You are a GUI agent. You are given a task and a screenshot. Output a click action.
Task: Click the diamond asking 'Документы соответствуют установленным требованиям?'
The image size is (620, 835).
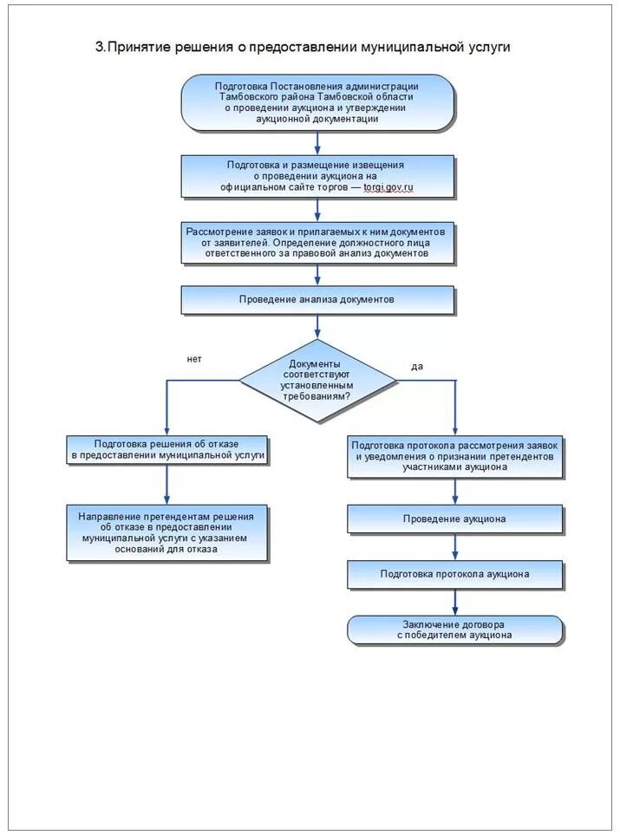point(318,381)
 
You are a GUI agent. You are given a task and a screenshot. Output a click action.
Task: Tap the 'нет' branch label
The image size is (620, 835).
point(194,359)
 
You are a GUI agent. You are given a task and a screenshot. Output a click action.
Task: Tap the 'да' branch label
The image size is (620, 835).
point(417,367)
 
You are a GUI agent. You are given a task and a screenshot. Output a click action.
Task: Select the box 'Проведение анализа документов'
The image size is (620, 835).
point(318,300)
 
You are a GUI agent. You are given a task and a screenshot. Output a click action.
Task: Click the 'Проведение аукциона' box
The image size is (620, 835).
point(454,519)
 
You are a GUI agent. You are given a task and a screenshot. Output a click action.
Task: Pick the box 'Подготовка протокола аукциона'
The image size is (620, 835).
point(454,574)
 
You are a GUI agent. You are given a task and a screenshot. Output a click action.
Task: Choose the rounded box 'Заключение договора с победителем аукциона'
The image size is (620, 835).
point(454,630)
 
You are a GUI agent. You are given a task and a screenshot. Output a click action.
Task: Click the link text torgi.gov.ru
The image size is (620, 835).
point(388,187)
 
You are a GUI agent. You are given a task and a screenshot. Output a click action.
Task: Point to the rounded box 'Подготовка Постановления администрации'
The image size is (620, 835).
point(317,102)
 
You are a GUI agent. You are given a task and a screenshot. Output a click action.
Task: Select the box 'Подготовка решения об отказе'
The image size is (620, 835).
point(167,450)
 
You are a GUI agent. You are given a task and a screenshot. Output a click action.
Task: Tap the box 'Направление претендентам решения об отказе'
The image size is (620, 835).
point(167,532)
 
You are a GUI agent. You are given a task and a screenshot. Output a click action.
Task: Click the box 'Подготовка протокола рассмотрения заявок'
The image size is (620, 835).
point(454,456)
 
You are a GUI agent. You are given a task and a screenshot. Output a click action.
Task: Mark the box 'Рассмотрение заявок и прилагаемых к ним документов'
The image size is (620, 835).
point(318,242)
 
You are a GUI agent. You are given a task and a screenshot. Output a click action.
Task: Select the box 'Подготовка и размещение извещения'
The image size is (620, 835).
point(318,176)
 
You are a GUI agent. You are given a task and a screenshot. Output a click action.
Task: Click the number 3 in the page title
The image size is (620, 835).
point(99,48)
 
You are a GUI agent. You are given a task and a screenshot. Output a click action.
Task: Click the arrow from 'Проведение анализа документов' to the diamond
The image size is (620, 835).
point(318,326)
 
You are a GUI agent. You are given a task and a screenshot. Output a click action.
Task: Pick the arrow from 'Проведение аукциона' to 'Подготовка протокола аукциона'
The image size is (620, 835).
point(455,546)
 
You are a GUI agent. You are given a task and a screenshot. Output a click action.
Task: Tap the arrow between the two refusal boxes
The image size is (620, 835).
point(167,485)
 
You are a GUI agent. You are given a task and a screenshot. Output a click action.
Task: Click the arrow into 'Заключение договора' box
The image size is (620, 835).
point(455,602)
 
